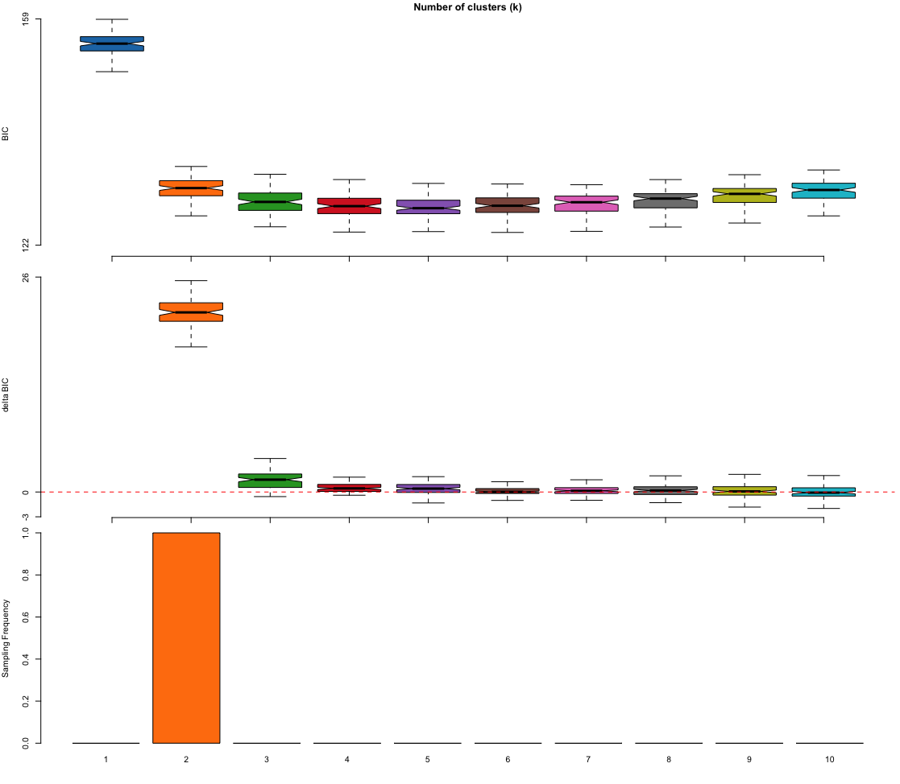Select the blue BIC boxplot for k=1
(x=111, y=43)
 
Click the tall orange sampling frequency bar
(x=186, y=638)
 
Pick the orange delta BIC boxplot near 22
(x=191, y=312)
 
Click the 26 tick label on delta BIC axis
(x=26, y=277)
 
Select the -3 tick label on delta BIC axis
(x=26, y=516)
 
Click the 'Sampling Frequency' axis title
(x=6, y=638)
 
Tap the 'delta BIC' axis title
(x=6, y=395)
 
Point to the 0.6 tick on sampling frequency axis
(x=26, y=617)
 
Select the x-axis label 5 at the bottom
(x=428, y=760)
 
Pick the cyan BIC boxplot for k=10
(x=823, y=191)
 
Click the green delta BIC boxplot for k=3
(x=270, y=481)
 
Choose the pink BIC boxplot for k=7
(x=587, y=203)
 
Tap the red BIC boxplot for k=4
(x=349, y=206)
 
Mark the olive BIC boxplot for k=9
(x=744, y=195)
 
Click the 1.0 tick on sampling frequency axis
(x=26, y=533)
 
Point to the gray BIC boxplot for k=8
(x=666, y=200)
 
